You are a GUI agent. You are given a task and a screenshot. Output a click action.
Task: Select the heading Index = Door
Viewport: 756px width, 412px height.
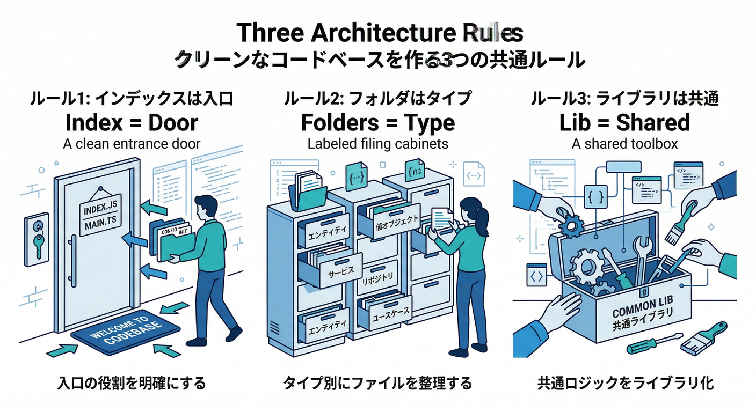(x=132, y=122)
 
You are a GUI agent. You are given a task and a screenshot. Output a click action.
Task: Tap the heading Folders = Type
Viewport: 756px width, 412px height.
(x=377, y=122)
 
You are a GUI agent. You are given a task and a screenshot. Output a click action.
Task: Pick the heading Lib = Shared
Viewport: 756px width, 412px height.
(x=624, y=122)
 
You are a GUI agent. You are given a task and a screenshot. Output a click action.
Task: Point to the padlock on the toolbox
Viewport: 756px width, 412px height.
(x=643, y=292)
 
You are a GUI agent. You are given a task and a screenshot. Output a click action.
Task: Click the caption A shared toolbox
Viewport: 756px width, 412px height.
(x=624, y=144)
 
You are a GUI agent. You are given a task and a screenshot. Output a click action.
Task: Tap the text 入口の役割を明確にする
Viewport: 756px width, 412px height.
(x=132, y=384)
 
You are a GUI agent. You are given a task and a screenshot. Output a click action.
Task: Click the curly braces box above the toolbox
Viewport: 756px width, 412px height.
(x=598, y=196)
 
